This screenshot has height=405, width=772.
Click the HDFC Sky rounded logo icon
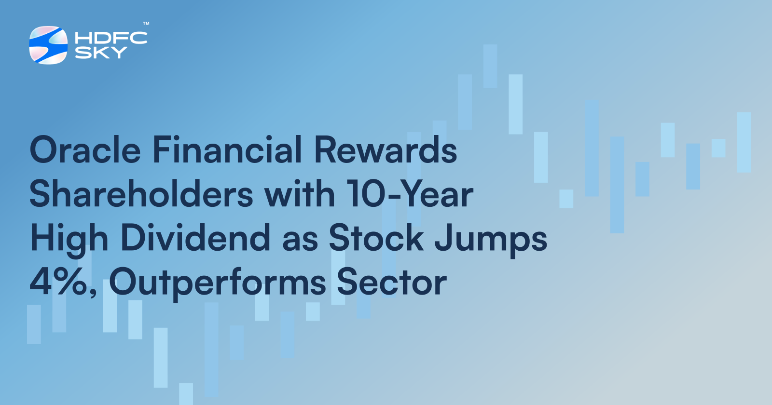[48, 45]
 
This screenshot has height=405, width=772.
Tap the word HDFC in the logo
[111, 38]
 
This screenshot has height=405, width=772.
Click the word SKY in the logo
[101, 53]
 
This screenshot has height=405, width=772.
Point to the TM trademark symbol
[146, 24]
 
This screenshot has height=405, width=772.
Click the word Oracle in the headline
[85, 150]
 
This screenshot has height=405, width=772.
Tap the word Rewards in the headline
[386, 150]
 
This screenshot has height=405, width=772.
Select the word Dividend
[195, 238]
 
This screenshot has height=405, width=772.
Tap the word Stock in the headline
[376, 238]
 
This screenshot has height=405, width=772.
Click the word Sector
[391, 282]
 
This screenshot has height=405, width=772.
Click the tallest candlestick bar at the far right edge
[744, 142]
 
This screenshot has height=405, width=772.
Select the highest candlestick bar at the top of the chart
[490, 66]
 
